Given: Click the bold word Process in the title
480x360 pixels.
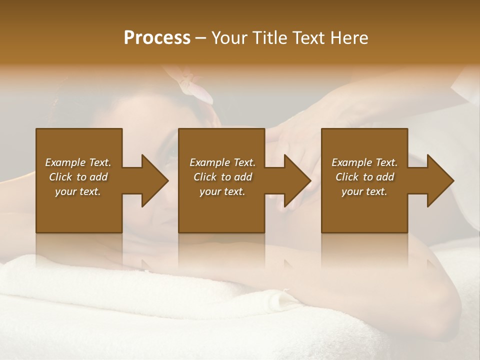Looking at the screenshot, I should coord(157,38).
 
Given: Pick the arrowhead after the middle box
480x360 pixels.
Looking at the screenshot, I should coord(297,180).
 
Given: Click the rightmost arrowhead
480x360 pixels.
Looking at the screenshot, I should coord(440,180).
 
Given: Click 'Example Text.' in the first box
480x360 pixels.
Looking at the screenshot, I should coord(78,162).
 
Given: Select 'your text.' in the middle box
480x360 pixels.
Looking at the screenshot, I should coord(222,191).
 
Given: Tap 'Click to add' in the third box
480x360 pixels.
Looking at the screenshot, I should coord(364,177).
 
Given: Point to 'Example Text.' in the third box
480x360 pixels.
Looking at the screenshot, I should coord(364,162).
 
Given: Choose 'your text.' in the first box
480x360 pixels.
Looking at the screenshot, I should coord(78,191).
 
